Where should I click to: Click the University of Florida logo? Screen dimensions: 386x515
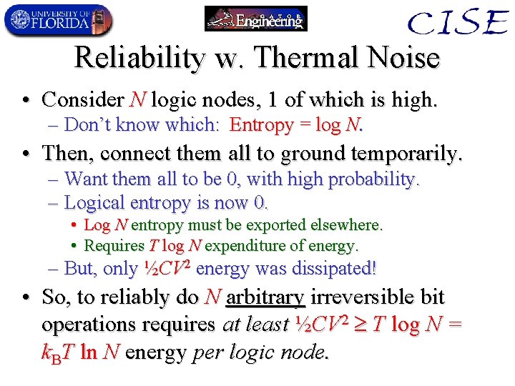pyautogui.click(x=58, y=20)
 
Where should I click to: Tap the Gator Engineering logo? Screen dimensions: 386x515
pyautogui.click(x=256, y=19)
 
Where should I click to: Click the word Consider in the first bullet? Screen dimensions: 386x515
pyautogui.click(x=82, y=99)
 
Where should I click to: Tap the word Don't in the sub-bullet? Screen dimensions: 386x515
pyautogui.click(x=89, y=125)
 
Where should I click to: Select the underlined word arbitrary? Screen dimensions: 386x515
pyautogui.click(x=265, y=297)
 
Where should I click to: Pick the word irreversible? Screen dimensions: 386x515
pyautogui.click(x=361, y=297)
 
